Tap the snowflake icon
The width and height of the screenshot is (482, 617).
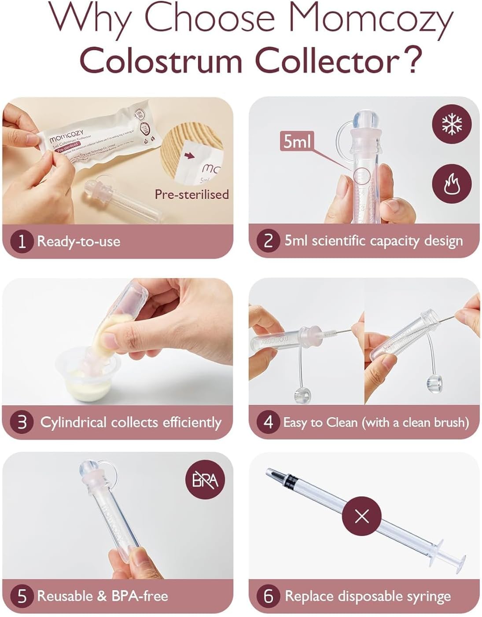[x=451, y=125]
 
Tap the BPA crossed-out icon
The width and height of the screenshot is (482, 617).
[x=205, y=479]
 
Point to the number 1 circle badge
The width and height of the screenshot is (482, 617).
[x=22, y=241]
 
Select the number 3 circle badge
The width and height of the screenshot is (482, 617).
[x=22, y=422]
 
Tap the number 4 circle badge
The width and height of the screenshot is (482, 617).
[x=269, y=422]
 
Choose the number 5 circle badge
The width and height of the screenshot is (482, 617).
[x=22, y=596]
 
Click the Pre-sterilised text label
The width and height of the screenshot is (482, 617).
[x=191, y=194]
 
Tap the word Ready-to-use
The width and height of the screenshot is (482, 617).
[x=78, y=241]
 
